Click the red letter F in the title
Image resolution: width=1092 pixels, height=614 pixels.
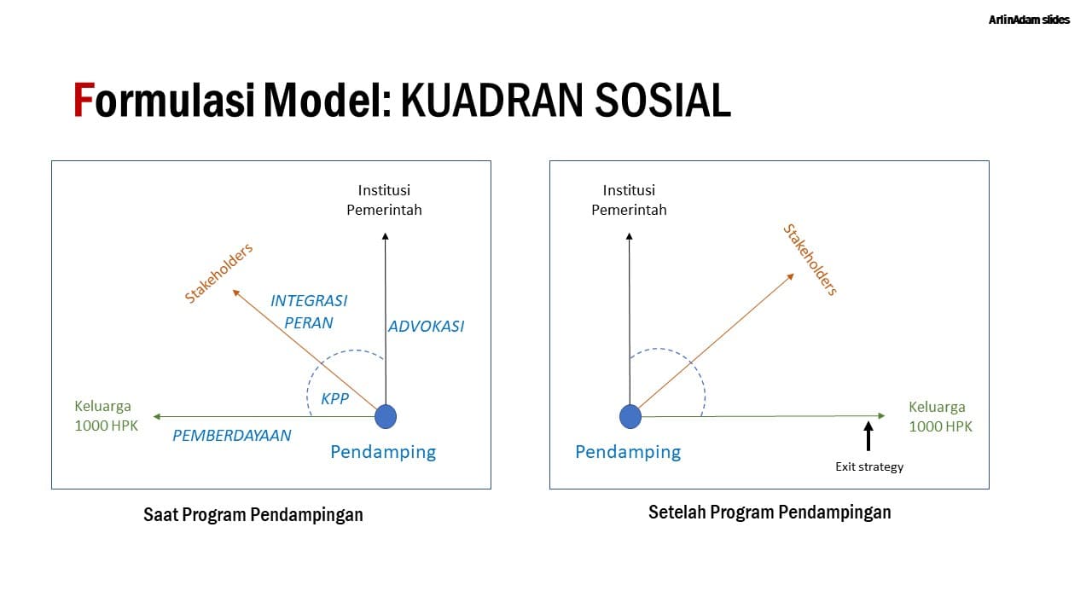(x=83, y=101)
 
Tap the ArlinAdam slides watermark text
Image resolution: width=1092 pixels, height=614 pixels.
(x=1029, y=20)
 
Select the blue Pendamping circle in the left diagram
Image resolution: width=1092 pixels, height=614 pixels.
(x=386, y=416)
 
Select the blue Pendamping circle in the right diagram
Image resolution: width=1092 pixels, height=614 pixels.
(x=630, y=416)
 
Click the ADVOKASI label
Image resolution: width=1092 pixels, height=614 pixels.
(x=426, y=326)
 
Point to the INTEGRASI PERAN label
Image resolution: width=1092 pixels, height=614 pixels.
(x=309, y=311)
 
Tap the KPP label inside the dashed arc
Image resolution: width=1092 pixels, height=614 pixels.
(x=335, y=398)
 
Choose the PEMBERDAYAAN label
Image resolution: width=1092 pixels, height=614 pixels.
(x=232, y=435)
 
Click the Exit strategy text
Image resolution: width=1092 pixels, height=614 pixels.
(x=868, y=466)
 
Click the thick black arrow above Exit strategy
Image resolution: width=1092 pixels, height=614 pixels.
(x=868, y=436)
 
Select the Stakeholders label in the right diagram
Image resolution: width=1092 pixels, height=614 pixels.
(x=810, y=260)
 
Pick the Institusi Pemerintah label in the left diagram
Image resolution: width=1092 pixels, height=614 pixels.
(x=384, y=200)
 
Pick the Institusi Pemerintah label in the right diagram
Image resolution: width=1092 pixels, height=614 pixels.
(x=629, y=200)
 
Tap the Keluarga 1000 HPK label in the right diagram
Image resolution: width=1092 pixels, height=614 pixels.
(x=938, y=416)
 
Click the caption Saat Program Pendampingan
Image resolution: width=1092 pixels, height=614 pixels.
(x=253, y=515)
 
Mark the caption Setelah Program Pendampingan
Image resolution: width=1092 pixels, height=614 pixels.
(x=770, y=513)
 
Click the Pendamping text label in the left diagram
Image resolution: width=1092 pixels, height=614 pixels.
(x=383, y=452)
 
